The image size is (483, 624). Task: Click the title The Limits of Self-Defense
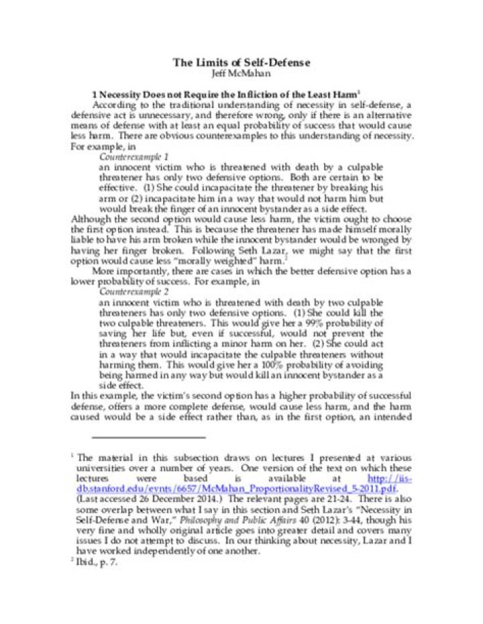pyautogui.click(x=241, y=62)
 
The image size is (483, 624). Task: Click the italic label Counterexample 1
pyautogui.click(x=133, y=156)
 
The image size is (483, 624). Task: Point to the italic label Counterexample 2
pyautogui.click(x=133, y=292)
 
